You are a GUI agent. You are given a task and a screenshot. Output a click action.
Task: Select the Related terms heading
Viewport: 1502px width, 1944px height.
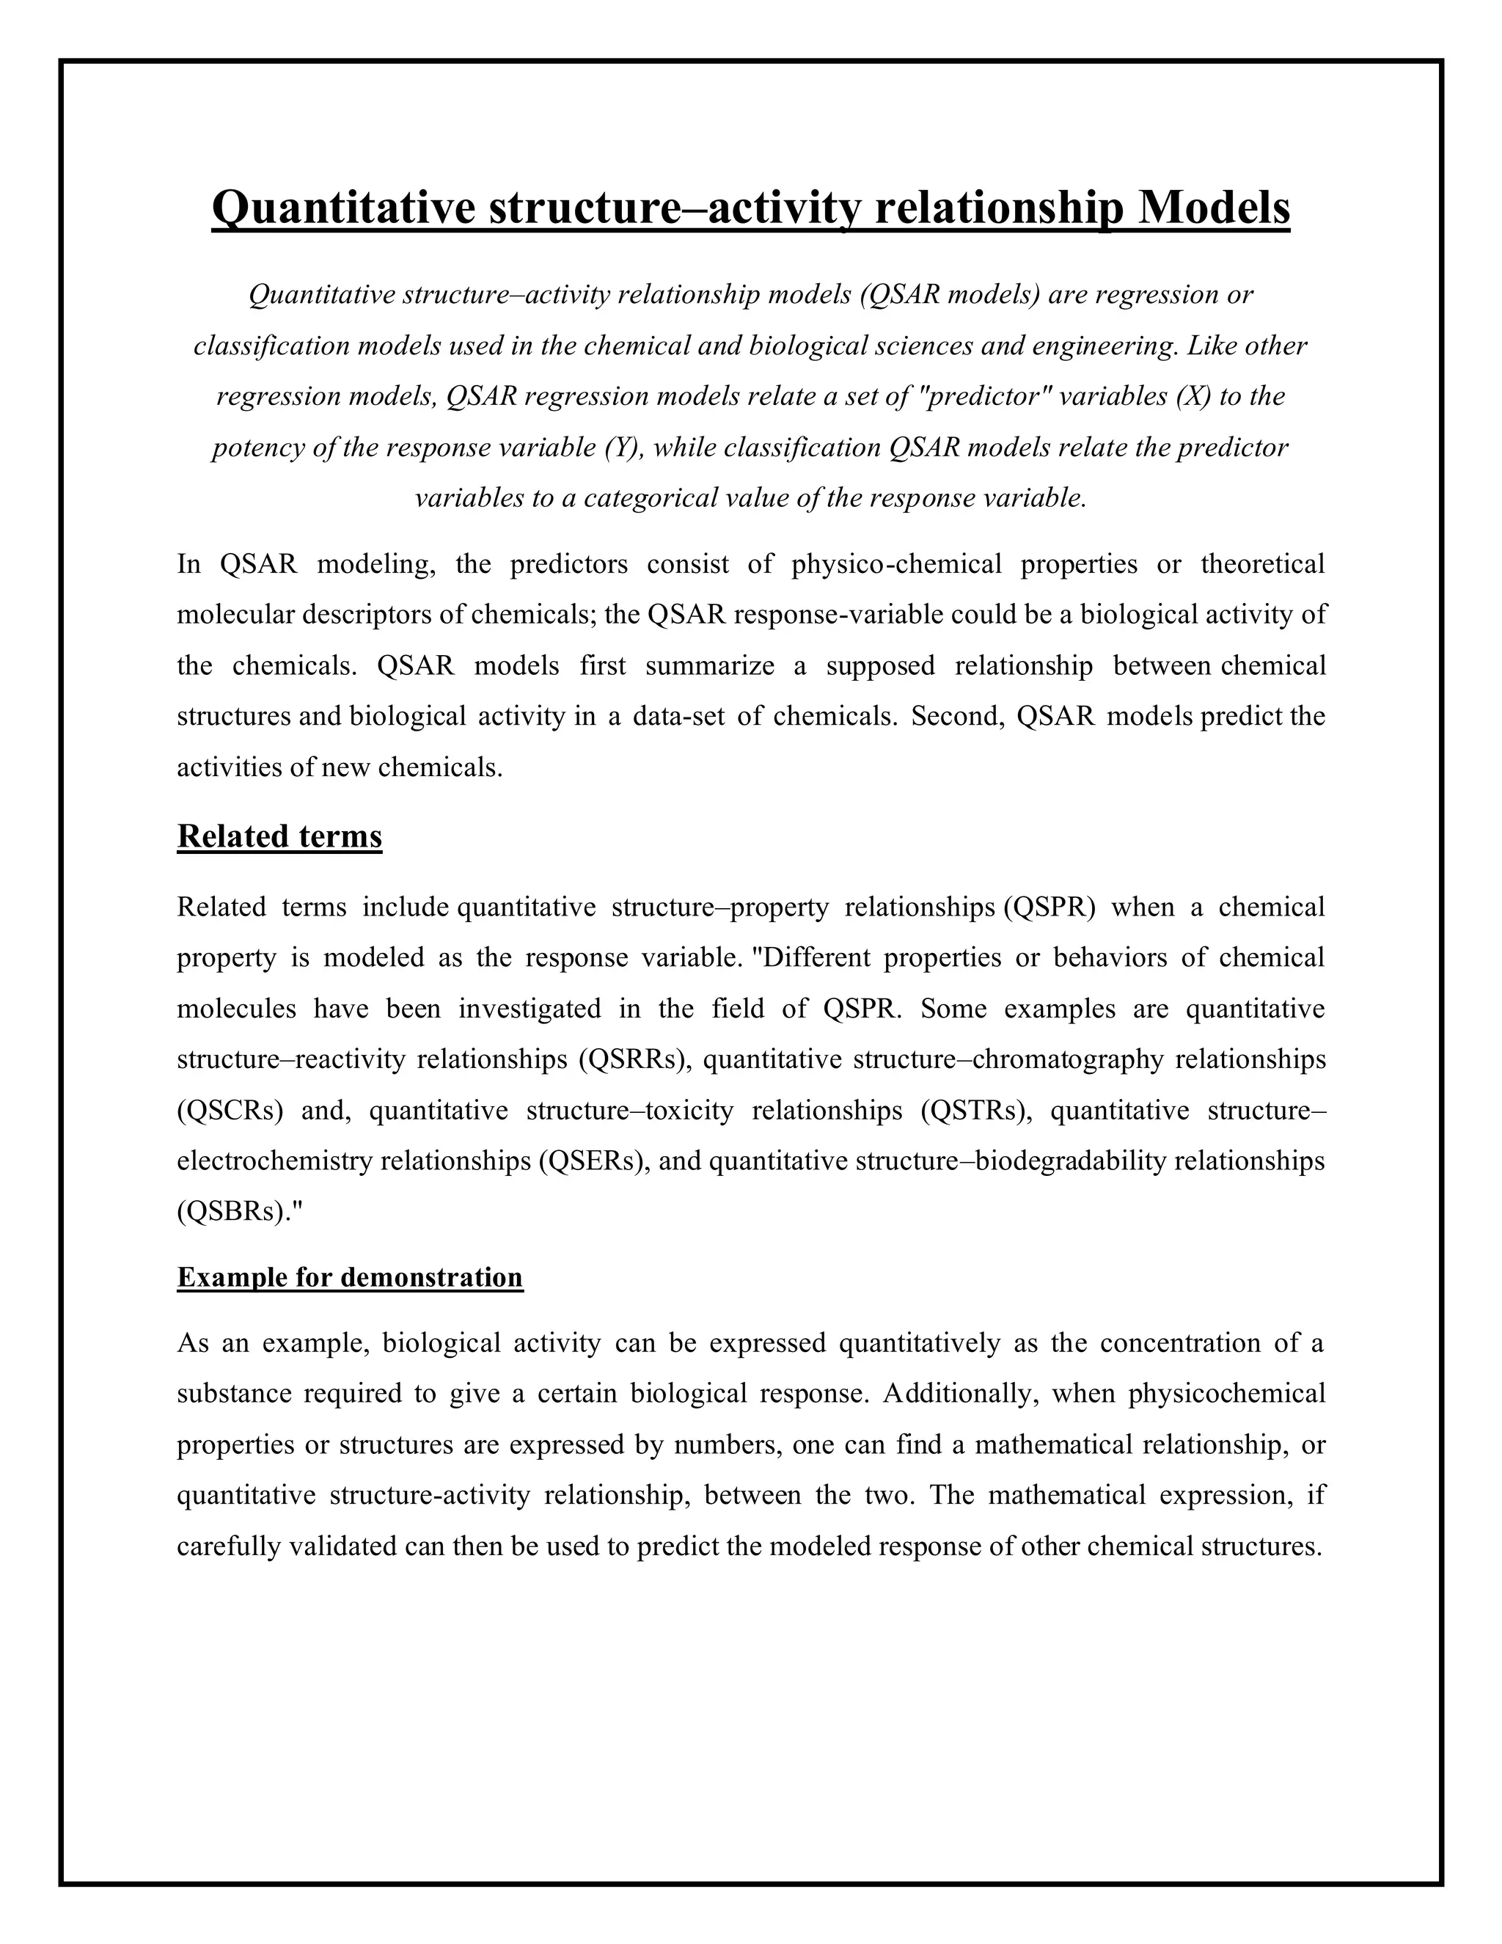tap(279, 837)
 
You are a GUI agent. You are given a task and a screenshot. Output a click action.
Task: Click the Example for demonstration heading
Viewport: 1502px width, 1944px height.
tap(350, 1277)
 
